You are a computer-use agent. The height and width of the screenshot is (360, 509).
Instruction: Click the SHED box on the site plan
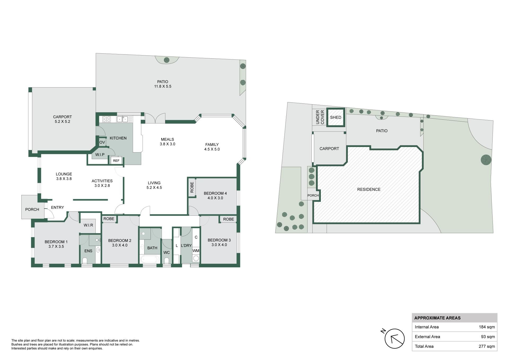click(336, 117)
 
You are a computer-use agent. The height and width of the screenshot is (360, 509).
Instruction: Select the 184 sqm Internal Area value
click(487, 327)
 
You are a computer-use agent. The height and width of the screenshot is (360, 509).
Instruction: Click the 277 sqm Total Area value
click(487, 346)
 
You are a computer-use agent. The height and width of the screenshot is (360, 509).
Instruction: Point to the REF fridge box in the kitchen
click(116, 161)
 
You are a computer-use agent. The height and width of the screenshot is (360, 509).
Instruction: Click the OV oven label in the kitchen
click(102, 142)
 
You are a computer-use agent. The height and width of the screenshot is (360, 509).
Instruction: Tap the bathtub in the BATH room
click(150, 259)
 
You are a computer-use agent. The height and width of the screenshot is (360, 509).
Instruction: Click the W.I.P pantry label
click(100, 155)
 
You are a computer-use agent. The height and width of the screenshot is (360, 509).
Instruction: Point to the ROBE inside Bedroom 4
click(192, 187)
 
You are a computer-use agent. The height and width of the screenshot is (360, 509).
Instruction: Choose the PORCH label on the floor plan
click(32, 209)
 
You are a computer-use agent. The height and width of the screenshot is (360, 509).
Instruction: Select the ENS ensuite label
click(88, 251)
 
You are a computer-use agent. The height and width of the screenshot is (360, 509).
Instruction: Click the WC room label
click(166, 253)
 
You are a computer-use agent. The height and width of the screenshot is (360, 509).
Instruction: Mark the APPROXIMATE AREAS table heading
click(437, 318)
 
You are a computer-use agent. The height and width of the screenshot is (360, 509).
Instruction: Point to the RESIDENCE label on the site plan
click(369, 189)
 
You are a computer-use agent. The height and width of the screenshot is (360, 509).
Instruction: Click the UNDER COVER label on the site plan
click(320, 117)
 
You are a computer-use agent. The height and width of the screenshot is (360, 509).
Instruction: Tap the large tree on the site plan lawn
click(486, 160)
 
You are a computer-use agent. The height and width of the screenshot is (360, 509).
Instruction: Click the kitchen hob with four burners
click(107, 119)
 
